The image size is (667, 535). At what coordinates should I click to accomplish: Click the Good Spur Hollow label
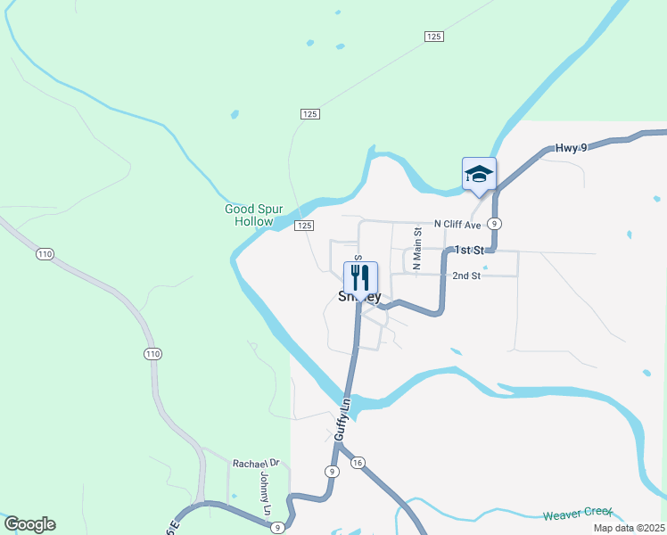pyautogui.click(x=254, y=215)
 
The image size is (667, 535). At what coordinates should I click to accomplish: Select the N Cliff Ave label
pyautogui.click(x=458, y=224)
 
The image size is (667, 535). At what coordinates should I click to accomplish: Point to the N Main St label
pyautogui.click(x=416, y=243)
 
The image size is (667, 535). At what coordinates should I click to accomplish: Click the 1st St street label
pyautogui.click(x=468, y=251)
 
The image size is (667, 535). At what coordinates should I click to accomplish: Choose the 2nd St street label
pyautogui.click(x=466, y=276)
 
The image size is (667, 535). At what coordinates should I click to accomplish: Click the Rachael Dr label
pyautogui.click(x=256, y=464)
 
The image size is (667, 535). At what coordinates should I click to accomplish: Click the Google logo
pyautogui.click(x=29, y=524)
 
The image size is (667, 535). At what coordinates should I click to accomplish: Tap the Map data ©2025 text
pyautogui.click(x=628, y=528)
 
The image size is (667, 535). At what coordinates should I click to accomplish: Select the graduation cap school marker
pyautogui.click(x=479, y=174)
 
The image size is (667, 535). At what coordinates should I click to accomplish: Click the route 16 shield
pyautogui.click(x=358, y=462)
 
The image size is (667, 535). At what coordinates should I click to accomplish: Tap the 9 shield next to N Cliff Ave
pyautogui.click(x=494, y=224)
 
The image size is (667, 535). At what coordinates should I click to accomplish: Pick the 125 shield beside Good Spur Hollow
pyautogui.click(x=305, y=226)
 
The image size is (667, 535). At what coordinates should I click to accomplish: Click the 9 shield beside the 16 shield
pyautogui.click(x=332, y=471)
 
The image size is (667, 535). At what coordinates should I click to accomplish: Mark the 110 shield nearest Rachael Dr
pyautogui.click(x=152, y=354)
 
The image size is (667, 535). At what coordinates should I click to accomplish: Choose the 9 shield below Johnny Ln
pyautogui.click(x=278, y=528)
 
